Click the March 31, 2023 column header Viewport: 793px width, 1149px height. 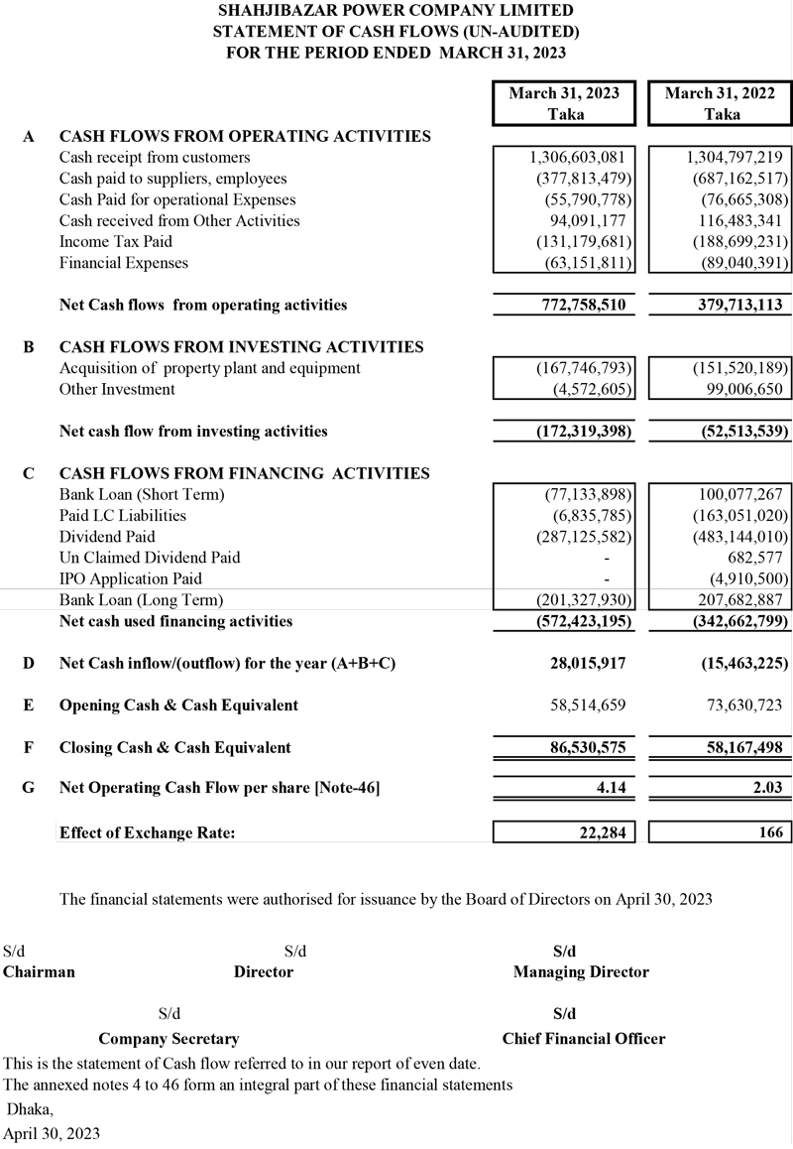click(x=564, y=103)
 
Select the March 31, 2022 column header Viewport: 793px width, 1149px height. click(x=721, y=103)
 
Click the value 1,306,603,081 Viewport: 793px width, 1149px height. click(x=578, y=158)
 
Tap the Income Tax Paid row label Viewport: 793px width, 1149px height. click(x=115, y=242)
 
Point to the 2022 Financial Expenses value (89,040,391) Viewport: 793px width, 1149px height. click(x=735, y=263)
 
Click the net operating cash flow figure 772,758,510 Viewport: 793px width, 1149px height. click(x=578, y=306)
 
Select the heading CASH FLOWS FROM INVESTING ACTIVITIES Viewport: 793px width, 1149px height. click(x=241, y=347)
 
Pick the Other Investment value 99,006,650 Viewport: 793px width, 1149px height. click(x=737, y=389)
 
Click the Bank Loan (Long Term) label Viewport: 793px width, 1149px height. click(x=141, y=600)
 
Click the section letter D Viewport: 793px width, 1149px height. click(x=29, y=663)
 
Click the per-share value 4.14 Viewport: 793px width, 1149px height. click(x=609, y=789)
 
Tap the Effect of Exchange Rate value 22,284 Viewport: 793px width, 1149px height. click(x=602, y=832)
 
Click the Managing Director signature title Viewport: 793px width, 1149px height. click(x=581, y=972)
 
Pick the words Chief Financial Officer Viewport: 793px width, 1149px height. click(x=584, y=1039)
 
